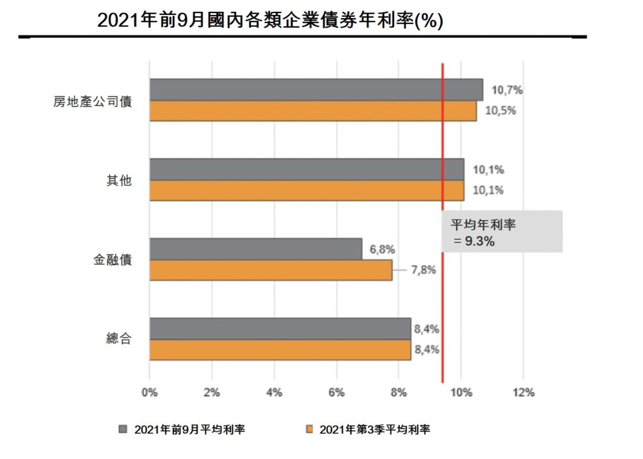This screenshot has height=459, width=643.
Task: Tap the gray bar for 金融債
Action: (256, 249)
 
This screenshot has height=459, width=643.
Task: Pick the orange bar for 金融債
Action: (271, 271)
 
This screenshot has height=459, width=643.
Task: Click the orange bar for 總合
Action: (280, 350)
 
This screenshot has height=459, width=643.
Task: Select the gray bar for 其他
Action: (306, 170)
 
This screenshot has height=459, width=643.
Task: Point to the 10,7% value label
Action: (507, 90)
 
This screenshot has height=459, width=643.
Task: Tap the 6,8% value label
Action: (382, 249)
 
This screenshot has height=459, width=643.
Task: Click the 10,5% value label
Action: (500, 111)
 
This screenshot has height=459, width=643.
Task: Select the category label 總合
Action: (119, 339)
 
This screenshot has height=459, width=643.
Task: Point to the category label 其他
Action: (119, 180)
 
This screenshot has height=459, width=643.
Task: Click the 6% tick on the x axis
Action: (337, 393)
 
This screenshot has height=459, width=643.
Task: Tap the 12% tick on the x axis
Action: (523, 393)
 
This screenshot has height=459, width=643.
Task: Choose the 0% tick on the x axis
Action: (149, 393)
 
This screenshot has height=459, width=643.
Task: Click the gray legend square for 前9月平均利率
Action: (123, 429)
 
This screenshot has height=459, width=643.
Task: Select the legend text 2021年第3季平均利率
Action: (375, 429)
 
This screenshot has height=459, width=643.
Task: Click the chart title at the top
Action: (270, 21)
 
